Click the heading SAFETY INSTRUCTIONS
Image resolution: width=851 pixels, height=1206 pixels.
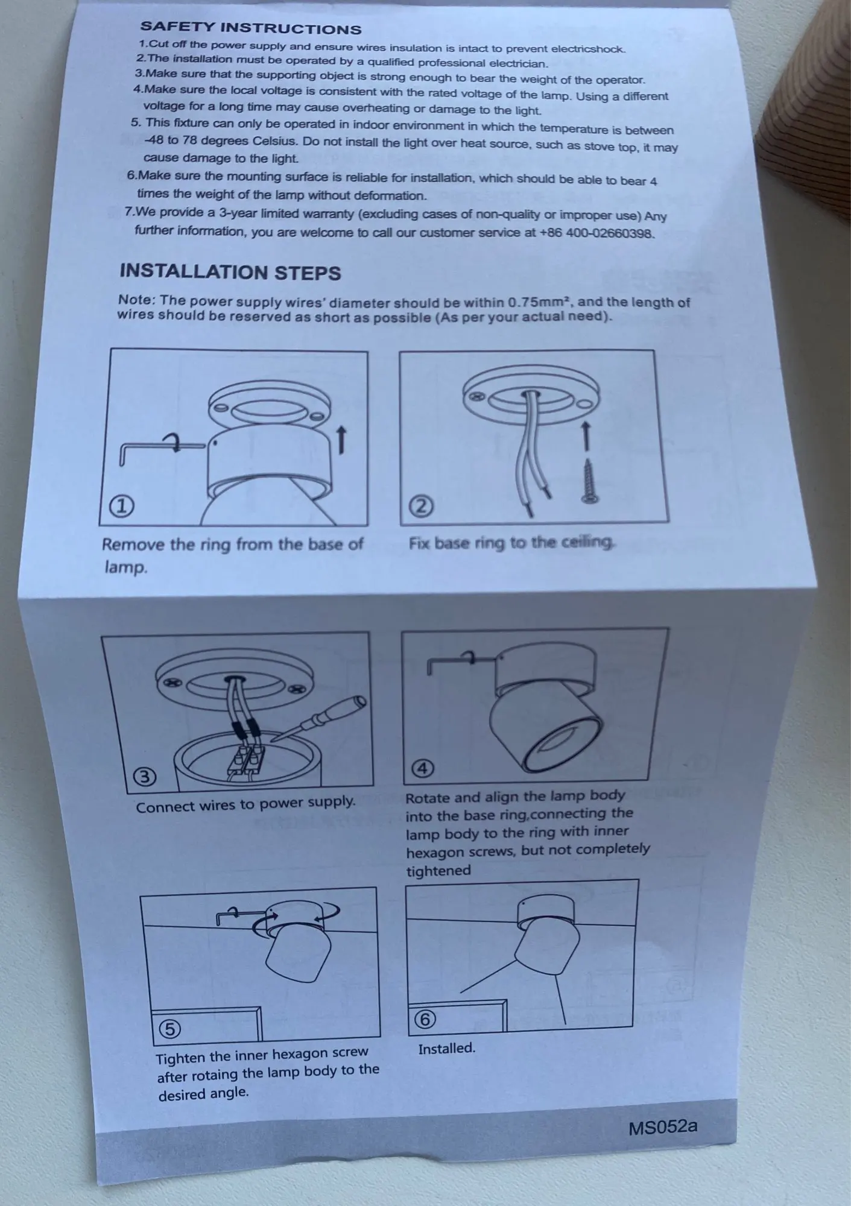point(250,28)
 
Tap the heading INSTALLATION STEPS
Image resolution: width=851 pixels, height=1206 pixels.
point(230,272)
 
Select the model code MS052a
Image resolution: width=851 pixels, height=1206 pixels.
point(662,1127)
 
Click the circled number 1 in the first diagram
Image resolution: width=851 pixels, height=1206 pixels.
point(121,507)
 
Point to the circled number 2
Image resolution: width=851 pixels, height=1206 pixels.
point(422,506)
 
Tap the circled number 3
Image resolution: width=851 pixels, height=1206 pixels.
point(145,777)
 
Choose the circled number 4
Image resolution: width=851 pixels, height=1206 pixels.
point(422,768)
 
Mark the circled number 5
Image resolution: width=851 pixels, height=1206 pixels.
point(169,1028)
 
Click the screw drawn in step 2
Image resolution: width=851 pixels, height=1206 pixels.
point(588,481)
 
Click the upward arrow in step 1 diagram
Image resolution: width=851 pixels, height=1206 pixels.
point(341,439)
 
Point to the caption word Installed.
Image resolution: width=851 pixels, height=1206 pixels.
point(446,1048)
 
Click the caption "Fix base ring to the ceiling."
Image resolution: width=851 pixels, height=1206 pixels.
point(511,543)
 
